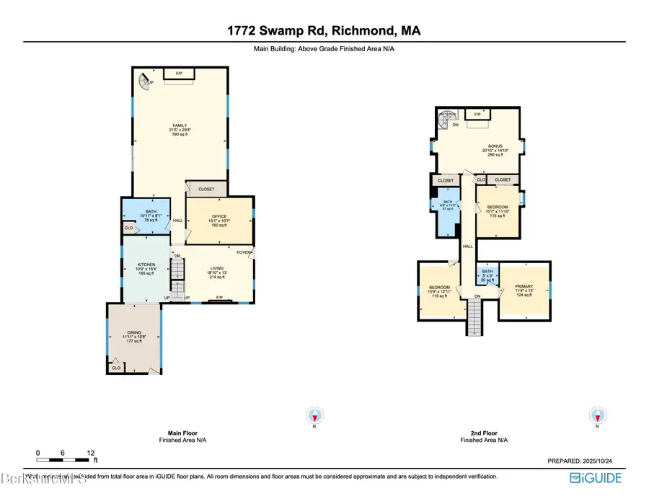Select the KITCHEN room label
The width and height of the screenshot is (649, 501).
coord(146,265)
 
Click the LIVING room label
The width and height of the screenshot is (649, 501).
coord(217,267)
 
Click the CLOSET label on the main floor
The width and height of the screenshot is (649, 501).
coord(207,190)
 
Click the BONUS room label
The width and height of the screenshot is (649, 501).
coord(475,146)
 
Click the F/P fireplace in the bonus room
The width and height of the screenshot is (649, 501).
coord(477,115)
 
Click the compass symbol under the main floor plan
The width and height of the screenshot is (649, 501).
coord(314,415)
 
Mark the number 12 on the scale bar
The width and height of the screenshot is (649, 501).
coord(91,453)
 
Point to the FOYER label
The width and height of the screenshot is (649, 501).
coord(244,252)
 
